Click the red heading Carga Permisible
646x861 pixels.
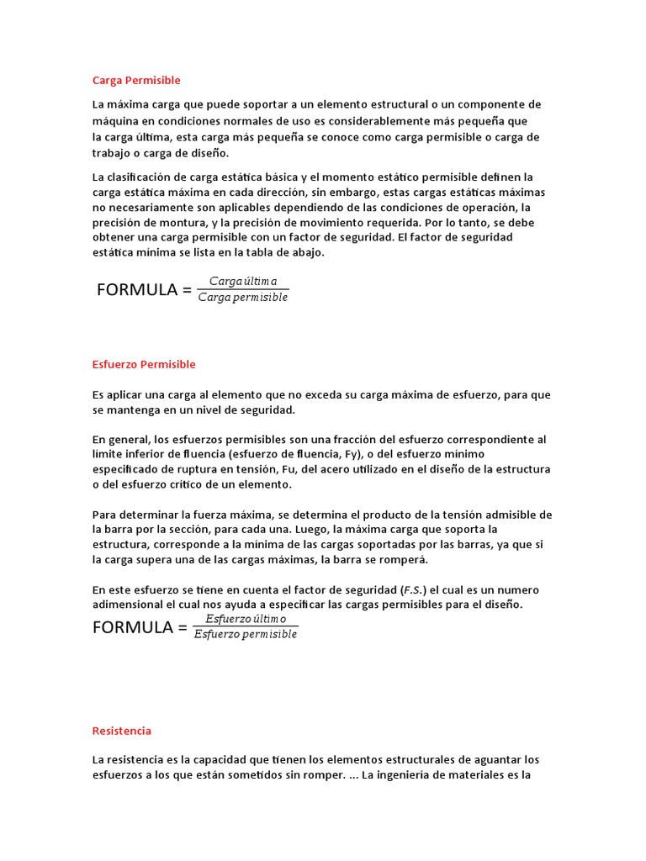(136, 81)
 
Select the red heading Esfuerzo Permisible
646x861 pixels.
(144, 364)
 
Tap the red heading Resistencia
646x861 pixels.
(122, 731)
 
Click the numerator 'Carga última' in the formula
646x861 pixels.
(243, 281)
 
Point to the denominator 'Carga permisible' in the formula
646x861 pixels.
(243, 298)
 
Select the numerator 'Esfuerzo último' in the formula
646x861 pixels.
(246, 618)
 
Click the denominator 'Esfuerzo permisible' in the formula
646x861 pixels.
(246, 635)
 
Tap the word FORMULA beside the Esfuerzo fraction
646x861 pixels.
(132, 627)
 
